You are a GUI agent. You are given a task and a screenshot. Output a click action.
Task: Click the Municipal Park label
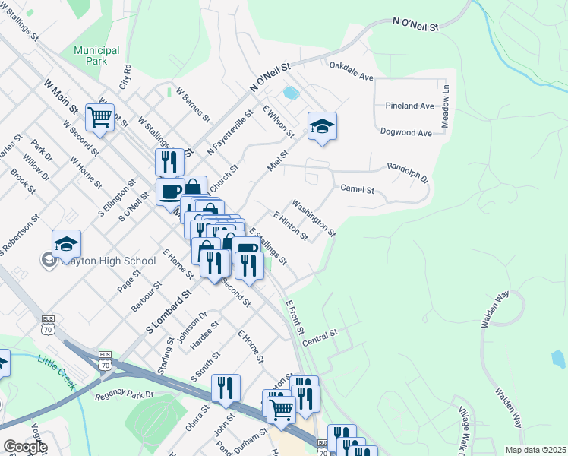point(96,55)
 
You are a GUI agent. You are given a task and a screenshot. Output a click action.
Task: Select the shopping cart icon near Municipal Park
point(99,117)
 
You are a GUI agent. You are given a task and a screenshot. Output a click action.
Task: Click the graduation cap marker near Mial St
point(322,127)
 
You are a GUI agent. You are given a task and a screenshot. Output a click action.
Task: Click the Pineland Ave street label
point(409,105)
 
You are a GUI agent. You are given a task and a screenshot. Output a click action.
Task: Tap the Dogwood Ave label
point(406,132)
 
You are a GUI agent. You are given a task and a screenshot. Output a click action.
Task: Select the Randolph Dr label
point(408,173)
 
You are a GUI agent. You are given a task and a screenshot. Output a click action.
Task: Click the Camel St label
point(358,188)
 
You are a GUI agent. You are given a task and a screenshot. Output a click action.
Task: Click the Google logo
point(24,446)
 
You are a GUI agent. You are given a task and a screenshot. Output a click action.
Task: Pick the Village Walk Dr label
point(462,429)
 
